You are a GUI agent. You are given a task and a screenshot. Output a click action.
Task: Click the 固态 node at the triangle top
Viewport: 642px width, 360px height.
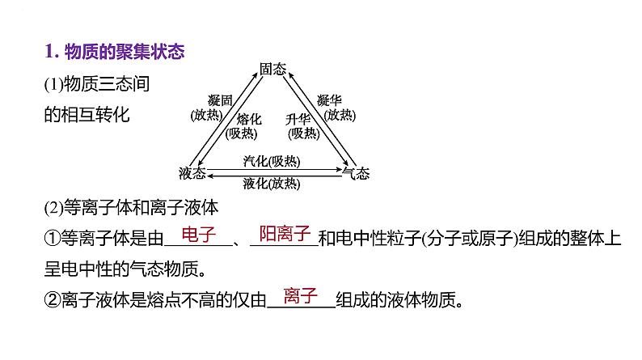click(x=272, y=69)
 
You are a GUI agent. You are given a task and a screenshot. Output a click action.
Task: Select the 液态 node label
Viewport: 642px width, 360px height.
click(x=192, y=173)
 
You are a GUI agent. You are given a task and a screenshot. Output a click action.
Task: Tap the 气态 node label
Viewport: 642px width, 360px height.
click(x=356, y=173)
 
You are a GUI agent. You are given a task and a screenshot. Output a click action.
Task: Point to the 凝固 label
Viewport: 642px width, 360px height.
click(x=220, y=100)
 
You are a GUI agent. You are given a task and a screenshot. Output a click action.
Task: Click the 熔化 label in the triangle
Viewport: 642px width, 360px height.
click(x=248, y=119)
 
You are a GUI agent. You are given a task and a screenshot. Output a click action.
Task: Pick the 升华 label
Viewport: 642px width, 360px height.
click(x=298, y=119)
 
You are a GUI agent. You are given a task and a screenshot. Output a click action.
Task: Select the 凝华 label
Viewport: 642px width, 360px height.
click(x=329, y=100)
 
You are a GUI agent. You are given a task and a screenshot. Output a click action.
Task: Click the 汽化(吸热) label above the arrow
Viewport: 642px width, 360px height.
click(x=272, y=161)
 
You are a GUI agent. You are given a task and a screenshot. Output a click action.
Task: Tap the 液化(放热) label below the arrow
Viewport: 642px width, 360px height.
click(x=272, y=184)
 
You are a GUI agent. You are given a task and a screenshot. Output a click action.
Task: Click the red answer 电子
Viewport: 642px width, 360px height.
click(x=199, y=235)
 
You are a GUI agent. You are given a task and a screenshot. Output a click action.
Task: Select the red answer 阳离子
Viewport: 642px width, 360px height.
click(x=285, y=234)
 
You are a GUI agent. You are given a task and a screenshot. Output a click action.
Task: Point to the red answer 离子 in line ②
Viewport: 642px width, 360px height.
click(x=301, y=295)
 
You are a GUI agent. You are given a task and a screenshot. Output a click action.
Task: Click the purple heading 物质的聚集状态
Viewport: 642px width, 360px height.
click(x=125, y=52)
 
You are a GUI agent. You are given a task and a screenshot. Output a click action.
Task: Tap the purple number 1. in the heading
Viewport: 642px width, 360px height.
click(x=52, y=52)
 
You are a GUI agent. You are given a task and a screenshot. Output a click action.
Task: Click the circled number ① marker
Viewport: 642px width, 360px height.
click(x=53, y=239)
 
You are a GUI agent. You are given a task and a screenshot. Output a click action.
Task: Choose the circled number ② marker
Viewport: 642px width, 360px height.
click(x=53, y=300)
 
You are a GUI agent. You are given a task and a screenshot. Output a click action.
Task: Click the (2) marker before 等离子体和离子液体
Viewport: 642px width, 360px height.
click(x=53, y=208)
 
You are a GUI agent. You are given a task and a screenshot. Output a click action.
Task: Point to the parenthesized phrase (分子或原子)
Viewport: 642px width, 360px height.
click(x=470, y=239)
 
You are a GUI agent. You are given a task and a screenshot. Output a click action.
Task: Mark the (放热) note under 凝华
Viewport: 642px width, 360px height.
click(x=340, y=115)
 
